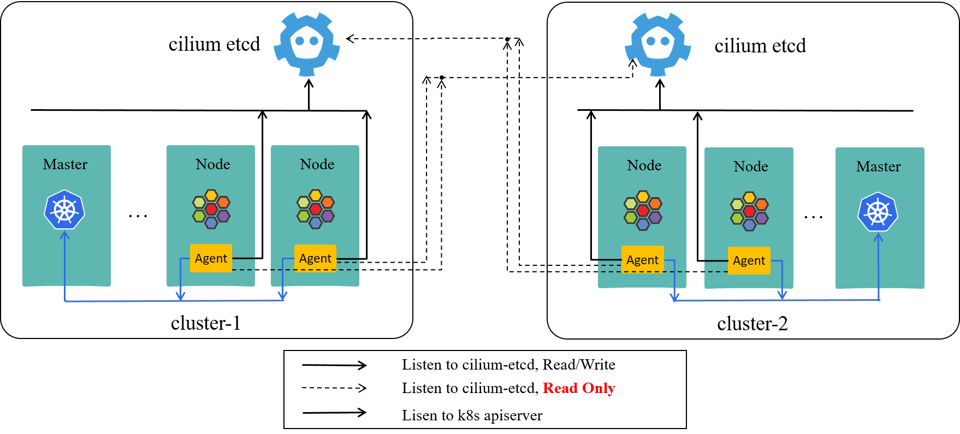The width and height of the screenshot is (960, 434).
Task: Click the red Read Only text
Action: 579,388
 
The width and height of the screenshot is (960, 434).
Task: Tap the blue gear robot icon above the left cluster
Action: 307,44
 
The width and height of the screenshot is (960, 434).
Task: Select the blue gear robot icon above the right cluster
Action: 658,44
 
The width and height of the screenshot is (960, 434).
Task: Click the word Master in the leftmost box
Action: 65,164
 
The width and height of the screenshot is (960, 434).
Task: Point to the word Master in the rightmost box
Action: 878,167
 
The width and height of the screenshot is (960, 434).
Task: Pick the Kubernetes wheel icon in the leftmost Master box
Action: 64,210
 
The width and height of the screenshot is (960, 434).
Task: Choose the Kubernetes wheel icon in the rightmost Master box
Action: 878,212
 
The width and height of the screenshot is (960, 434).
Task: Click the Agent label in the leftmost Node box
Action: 211,258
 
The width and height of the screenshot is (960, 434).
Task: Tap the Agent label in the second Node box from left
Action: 315,258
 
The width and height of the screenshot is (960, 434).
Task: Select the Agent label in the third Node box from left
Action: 642,260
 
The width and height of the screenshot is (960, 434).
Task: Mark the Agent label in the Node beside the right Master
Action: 749,260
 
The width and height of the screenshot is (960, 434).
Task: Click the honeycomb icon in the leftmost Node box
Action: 211,209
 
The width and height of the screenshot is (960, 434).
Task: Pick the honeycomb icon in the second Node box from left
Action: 316,209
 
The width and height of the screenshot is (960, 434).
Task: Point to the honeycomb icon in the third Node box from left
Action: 643,210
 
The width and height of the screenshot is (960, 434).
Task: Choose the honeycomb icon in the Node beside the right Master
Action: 749,211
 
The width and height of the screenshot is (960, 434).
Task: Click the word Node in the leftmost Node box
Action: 212,164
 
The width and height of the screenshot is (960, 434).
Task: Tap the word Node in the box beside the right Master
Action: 750,167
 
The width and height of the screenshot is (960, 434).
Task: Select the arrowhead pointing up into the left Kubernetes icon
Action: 65,235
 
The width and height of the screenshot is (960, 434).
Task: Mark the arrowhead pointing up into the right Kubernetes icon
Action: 878,237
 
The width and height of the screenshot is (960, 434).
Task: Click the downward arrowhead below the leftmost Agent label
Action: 181,296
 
